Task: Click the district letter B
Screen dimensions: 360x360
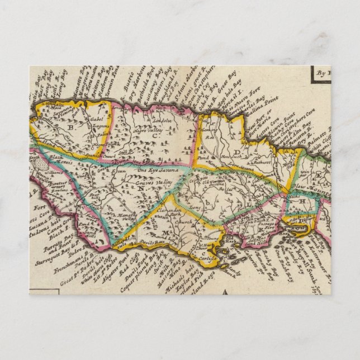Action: pyautogui.click(x=72, y=127)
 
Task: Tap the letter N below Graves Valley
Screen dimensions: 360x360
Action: pyautogui.click(x=141, y=188)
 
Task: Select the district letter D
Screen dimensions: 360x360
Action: pyautogui.click(x=237, y=151)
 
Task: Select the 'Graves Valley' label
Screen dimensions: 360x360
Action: pyautogui.click(x=151, y=181)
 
